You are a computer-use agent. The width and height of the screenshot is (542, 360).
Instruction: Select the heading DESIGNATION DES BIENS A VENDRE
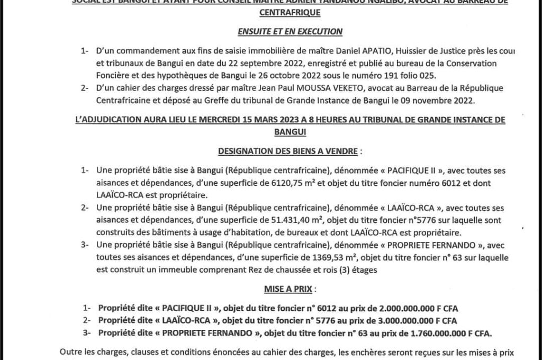click(288, 151)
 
